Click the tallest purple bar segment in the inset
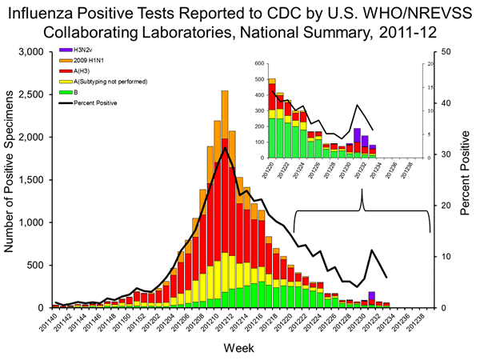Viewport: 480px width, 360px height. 357,135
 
